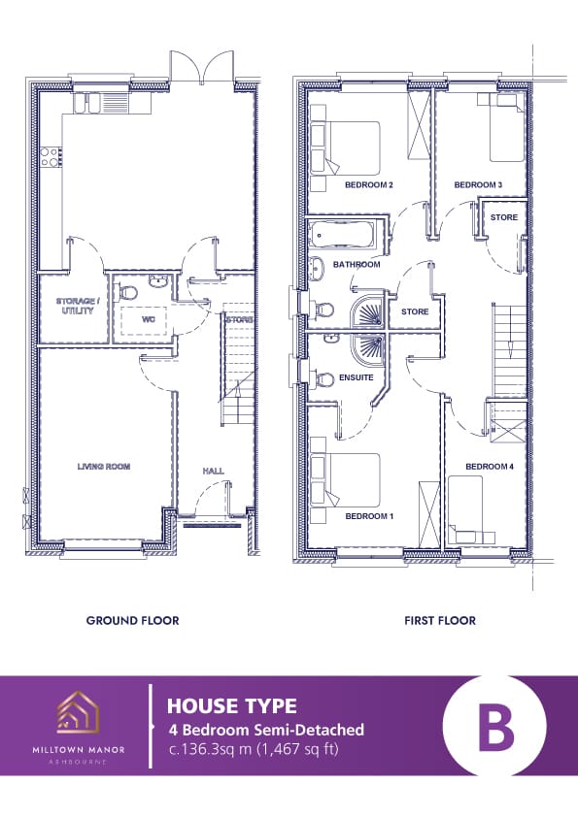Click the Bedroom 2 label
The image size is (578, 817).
[x=369, y=185]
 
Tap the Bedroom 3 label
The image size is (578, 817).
[x=478, y=185]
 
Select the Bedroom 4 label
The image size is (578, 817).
[x=490, y=467]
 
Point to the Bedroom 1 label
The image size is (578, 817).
[x=369, y=516]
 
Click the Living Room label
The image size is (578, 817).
[x=104, y=467]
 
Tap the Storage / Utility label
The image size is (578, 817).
[x=76, y=306]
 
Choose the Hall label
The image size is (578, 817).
[x=214, y=471]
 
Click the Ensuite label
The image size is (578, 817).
[x=357, y=377]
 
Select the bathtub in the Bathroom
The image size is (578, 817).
[x=341, y=235]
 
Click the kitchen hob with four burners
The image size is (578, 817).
[x=51, y=157]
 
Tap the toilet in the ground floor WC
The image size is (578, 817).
[x=126, y=293]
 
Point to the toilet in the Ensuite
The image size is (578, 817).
[x=323, y=379]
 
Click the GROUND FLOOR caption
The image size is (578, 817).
[x=132, y=621]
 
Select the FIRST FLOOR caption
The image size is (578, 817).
[x=440, y=621]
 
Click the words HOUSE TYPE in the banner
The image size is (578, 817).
[x=231, y=706]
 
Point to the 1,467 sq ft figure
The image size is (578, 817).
[x=298, y=749]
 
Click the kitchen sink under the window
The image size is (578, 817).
[x=102, y=102]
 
